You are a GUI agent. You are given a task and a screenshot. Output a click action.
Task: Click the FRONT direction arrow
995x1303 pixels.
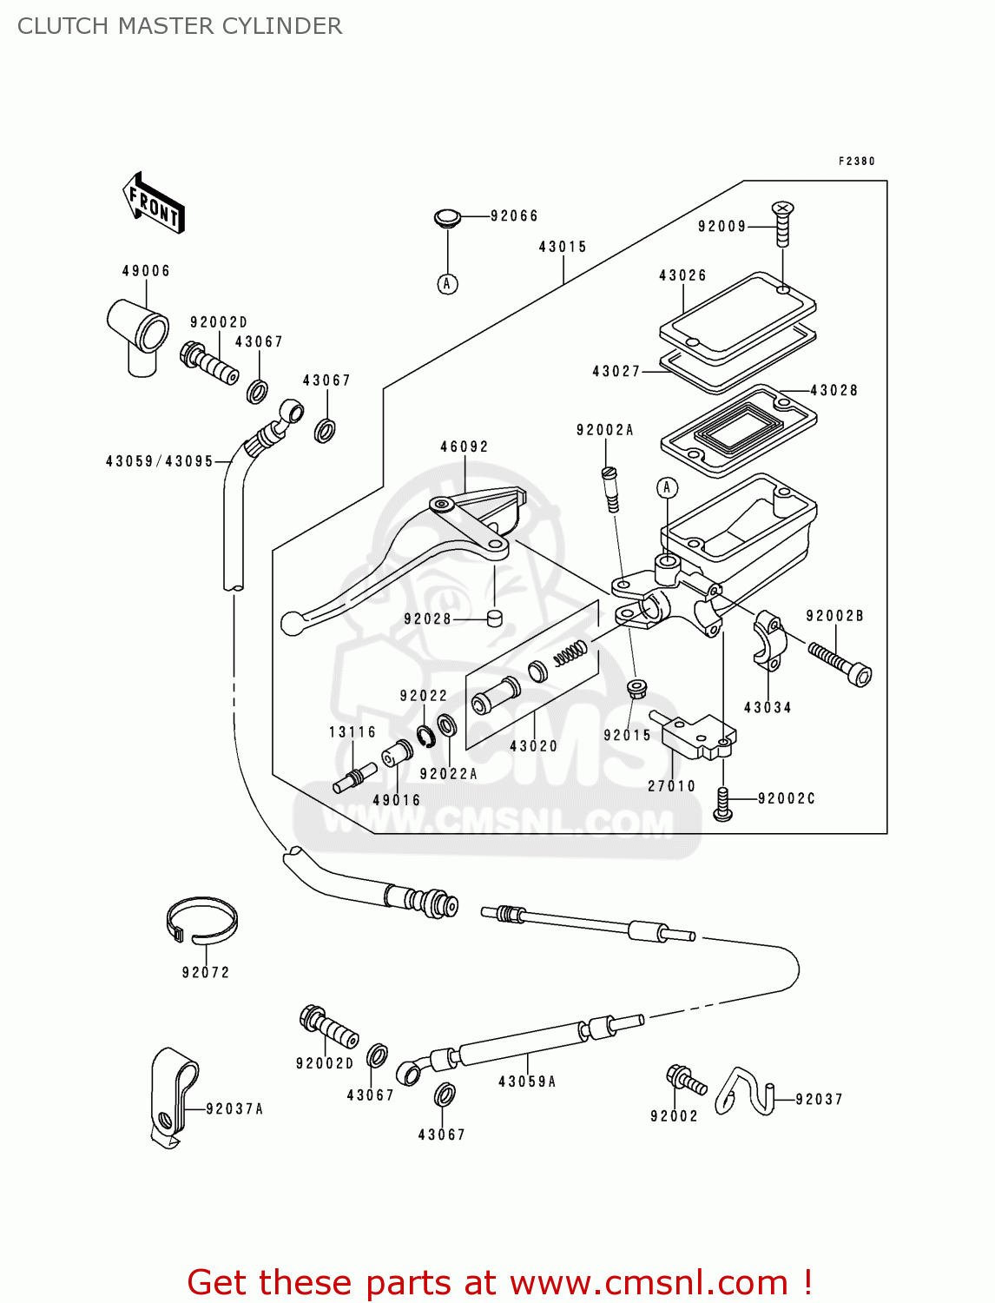(155, 203)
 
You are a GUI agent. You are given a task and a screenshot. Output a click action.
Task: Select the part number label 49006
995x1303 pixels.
(146, 271)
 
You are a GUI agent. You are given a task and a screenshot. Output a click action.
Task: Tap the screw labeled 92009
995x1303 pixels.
(782, 222)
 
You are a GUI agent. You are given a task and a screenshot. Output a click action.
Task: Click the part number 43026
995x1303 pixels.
(682, 275)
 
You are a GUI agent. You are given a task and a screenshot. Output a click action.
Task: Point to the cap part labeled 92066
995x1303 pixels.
(447, 217)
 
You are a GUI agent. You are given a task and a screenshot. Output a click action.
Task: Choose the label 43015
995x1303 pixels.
(563, 247)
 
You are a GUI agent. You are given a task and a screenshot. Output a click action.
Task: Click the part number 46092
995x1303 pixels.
(465, 446)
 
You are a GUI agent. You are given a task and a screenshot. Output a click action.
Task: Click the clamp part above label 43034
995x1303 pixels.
(768, 641)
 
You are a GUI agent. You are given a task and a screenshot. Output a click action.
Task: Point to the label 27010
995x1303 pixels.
(672, 786)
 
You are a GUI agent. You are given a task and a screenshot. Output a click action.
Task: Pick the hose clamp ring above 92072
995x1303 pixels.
(201, 921)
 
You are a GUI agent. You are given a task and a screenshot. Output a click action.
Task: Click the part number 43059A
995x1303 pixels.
(527, 1081)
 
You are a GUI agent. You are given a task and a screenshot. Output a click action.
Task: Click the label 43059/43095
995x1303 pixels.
(160, 461)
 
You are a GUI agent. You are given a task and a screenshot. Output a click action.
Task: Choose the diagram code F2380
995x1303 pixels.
(856, 161)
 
